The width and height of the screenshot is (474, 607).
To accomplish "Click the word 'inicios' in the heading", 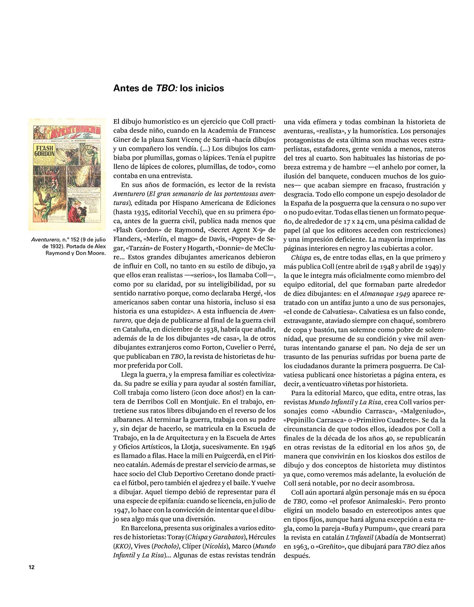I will pos(209,88).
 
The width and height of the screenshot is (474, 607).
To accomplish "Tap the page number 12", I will pos(32,567).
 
